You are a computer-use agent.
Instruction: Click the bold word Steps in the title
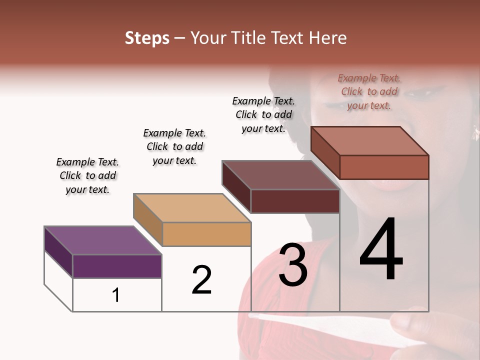click(x=147, y=38)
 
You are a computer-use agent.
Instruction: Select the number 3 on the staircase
click(x=293, y=265)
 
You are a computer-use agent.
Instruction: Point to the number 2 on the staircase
click(x=202, y=279)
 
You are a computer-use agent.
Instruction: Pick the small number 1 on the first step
click(x=116, y=295)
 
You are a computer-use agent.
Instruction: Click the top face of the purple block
click(x=102, y=240)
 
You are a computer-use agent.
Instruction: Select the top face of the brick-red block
click(x=369, y=141)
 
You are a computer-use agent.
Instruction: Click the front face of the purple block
click(x=117, y=266)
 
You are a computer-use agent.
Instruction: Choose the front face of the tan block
click(x=206, y=234)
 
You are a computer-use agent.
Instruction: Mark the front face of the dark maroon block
click(x=295, y=201)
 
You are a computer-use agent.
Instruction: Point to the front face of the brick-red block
click(x=384, y=167)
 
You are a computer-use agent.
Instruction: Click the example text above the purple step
click(x=87, y=175)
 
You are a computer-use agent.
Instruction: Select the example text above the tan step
click(x=174, y=146)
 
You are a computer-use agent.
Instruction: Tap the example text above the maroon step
click(x=263, y=114)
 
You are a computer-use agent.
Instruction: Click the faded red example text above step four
click(x=369, y=91)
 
